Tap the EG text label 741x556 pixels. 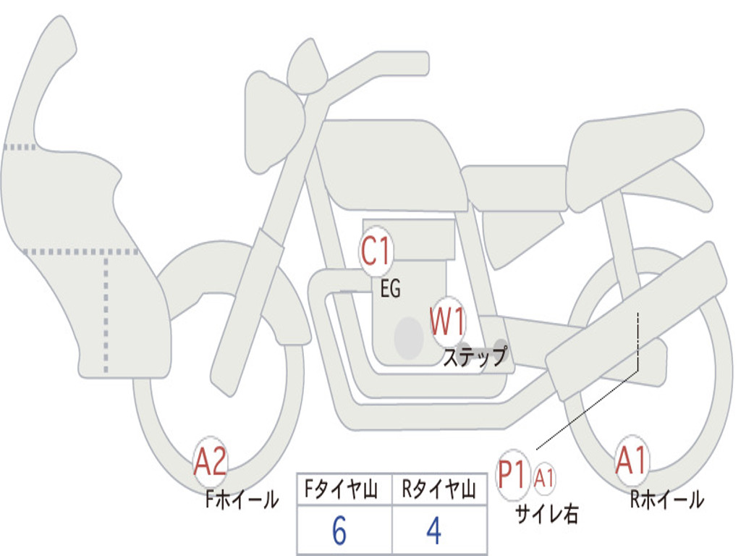pyautogui.click(x=390, y=290)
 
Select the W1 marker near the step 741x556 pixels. pyautogui.click(x=448, y=321)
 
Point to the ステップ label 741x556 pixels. pyautogui.click(x=474, y=357)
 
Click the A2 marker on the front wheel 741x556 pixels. pyautogui.click(x=211, y=461)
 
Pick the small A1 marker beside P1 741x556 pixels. pyautogui.click(x=545, y=477)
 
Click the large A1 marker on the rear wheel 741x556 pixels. pyautogui.click(x=632, y=461)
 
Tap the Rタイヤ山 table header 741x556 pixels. pyautogui.click(x=439, y=491)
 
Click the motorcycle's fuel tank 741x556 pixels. pyautogui.click(x=391, y=167)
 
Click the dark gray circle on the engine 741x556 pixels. pyautogui.click(x=409, y=337)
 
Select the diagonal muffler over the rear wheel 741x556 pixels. pyautogui.click(x=637, y=322)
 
